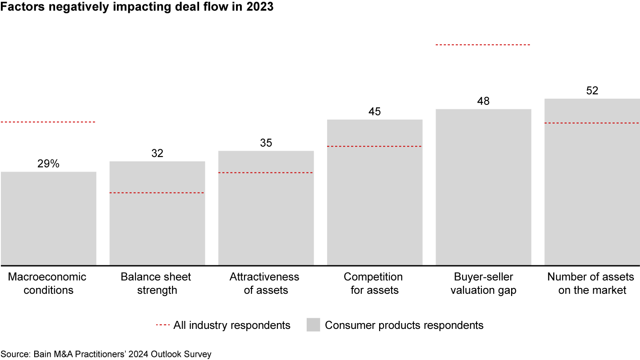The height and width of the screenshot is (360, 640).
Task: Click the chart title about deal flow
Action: coord(137,8)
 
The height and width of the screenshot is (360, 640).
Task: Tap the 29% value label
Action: coord(48,164)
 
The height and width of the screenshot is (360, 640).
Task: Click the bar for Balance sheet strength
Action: coord(157,213)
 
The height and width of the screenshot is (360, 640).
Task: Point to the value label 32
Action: coord(157,153)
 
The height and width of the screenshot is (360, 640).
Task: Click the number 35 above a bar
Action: coord(266,143)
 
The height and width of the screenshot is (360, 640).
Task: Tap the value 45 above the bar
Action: coord(375,112)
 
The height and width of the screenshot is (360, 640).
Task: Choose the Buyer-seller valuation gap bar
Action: coord(483,187)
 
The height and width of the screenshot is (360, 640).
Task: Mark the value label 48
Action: coord(483,101)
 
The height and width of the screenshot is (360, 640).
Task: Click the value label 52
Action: coord(592,91)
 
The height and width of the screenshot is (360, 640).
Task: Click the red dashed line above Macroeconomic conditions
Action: coord(48,122)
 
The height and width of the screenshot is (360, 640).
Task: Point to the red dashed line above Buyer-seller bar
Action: coord(483,45)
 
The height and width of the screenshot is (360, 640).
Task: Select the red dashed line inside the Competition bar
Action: coord(375,146)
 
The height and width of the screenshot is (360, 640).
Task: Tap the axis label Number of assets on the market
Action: coord(591,284)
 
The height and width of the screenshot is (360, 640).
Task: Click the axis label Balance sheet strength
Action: coord(156,284)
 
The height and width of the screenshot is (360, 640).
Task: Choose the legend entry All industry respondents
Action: coord(223,325)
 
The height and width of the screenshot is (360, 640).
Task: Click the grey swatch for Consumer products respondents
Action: coord(313,325)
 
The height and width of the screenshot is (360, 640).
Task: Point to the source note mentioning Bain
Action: coord(106,354)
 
